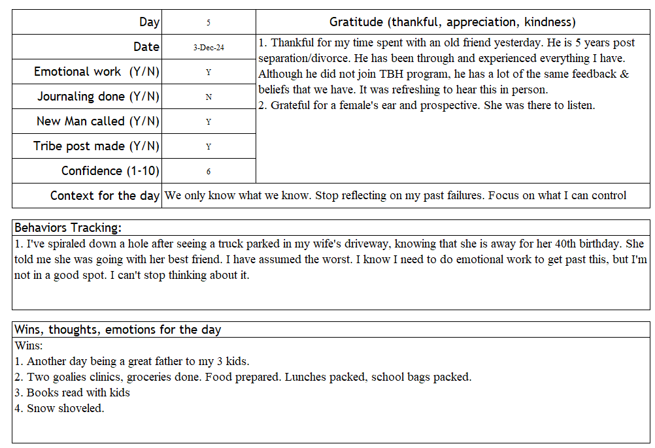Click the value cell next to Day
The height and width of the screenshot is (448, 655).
point(209,22)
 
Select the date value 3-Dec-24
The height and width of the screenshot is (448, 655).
point(209,48)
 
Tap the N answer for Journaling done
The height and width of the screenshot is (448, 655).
point(209,97)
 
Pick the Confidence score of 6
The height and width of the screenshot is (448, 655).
point(209,172)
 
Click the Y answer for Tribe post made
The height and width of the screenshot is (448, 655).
point(209,147)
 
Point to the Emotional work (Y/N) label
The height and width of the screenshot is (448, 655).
point(97,72)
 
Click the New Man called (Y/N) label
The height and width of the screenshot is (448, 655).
point(98,121)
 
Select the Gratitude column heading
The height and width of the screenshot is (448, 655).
point(452,22)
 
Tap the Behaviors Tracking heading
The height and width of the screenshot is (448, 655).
point(68,228)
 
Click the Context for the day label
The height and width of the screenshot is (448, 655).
point(105,196)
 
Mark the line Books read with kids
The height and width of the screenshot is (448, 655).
point(78,392)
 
